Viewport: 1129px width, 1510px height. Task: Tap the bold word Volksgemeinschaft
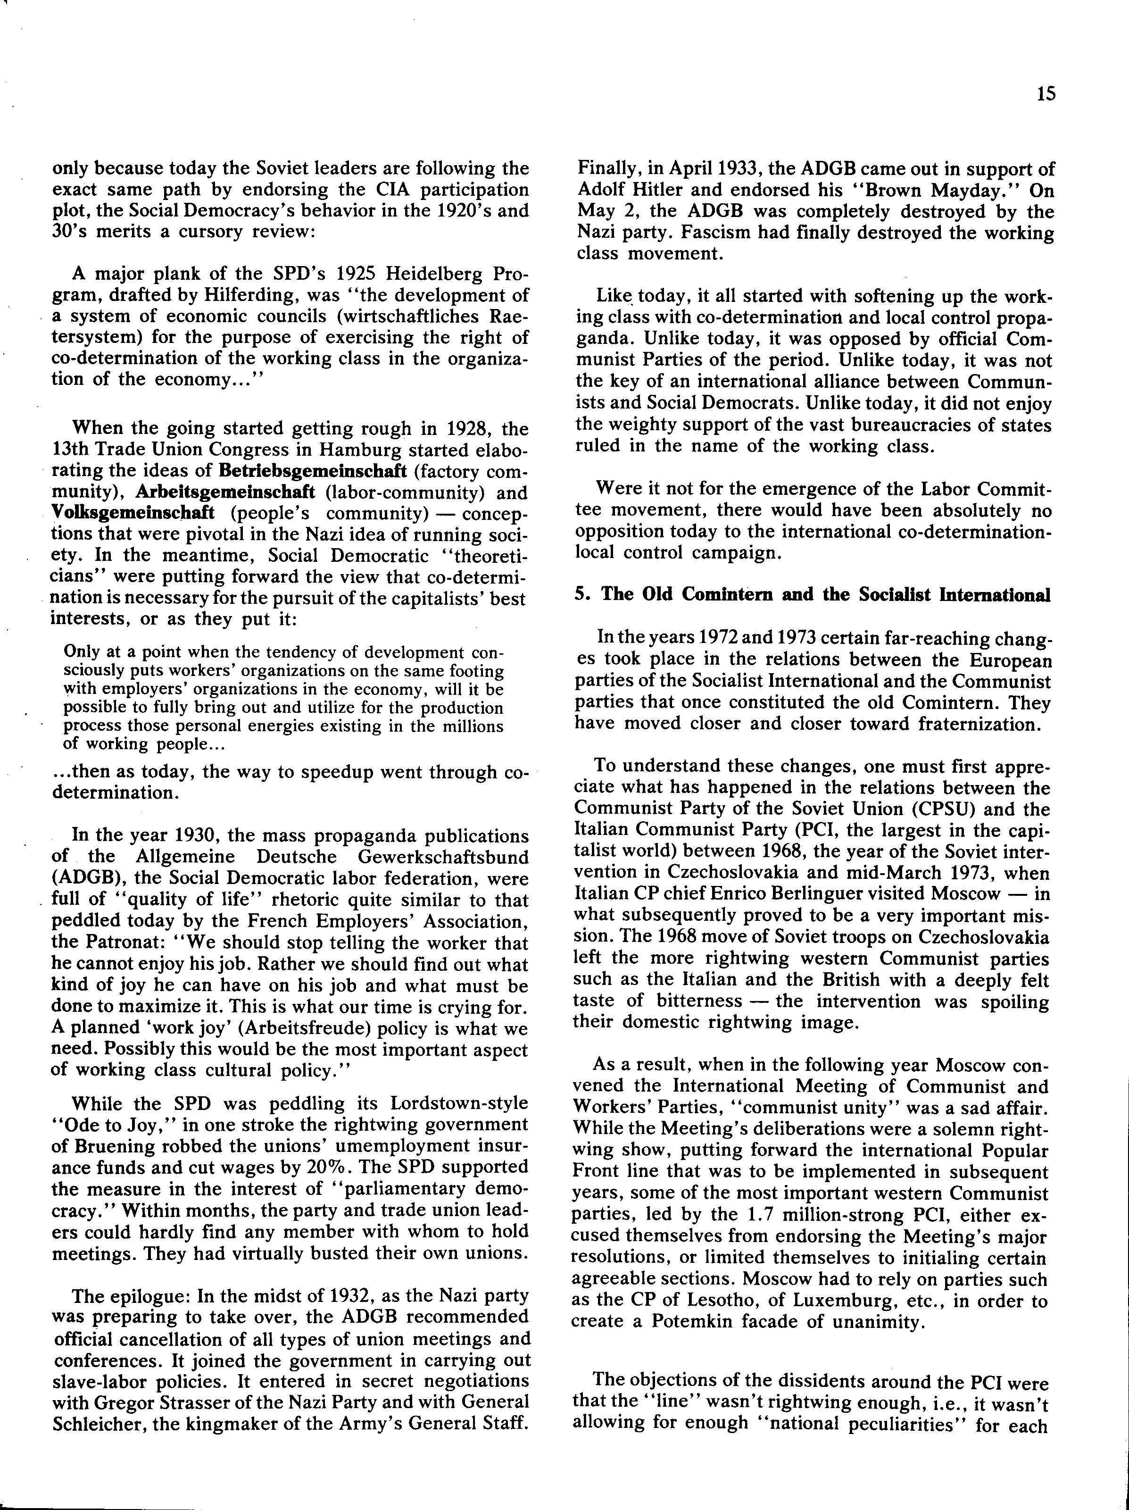[133, 513]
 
